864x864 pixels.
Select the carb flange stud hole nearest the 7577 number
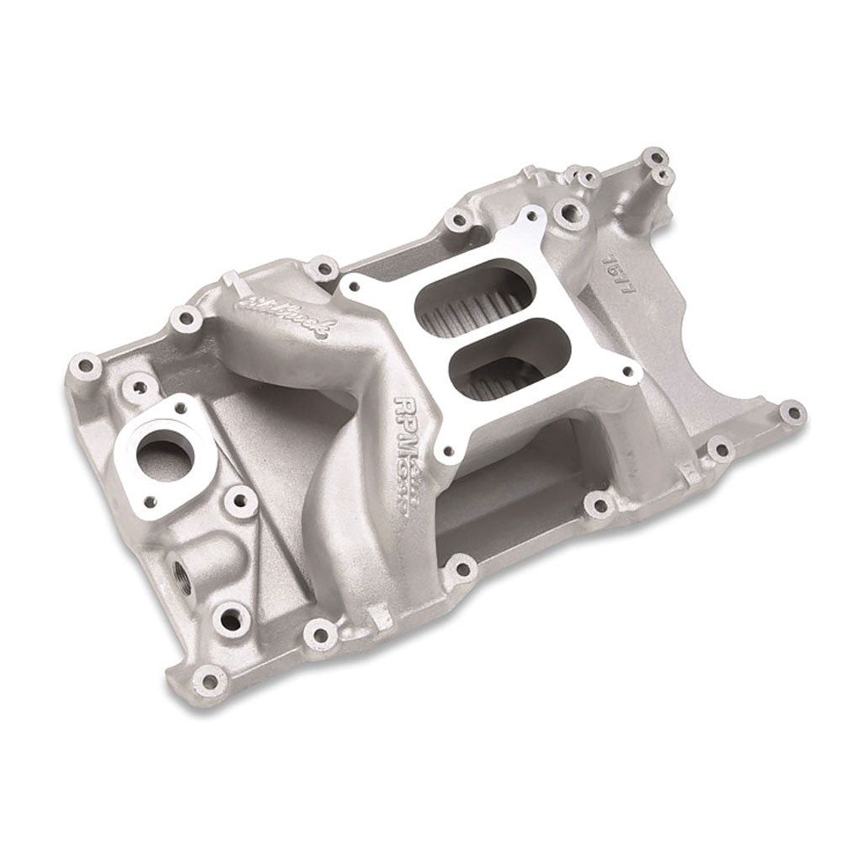pyautogui.click(x=537, y=214)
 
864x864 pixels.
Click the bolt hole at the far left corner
pyautogui.click(x=84, y=367)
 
